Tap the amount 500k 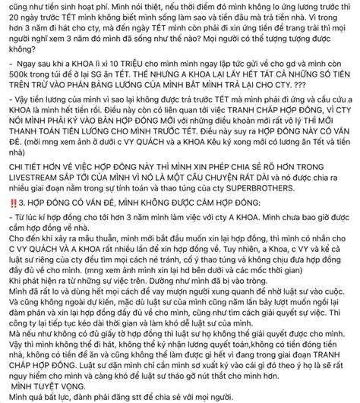pyautogui.click(x=16, y=80)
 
